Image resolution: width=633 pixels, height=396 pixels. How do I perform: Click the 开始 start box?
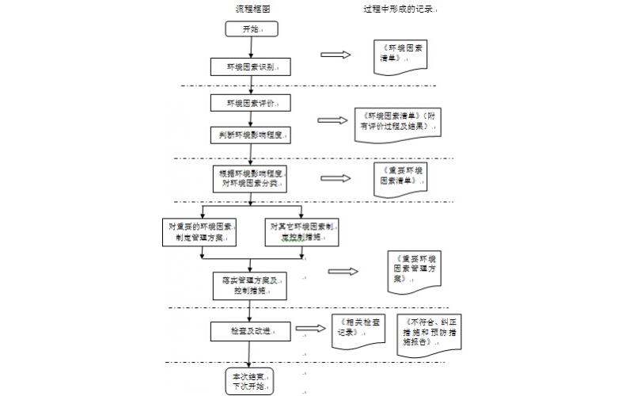click(249, 29)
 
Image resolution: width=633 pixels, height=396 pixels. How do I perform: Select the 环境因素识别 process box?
click(249, 67)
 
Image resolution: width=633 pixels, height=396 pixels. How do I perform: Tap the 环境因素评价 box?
click(249, 103)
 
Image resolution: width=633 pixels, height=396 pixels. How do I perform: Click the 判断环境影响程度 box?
click(249, 135)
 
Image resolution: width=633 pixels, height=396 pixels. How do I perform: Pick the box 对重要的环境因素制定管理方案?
click(201, 230)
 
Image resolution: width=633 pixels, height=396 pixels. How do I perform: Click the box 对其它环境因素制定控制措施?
click(301, 230)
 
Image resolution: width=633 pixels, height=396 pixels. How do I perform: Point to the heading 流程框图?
click(253, 9)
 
